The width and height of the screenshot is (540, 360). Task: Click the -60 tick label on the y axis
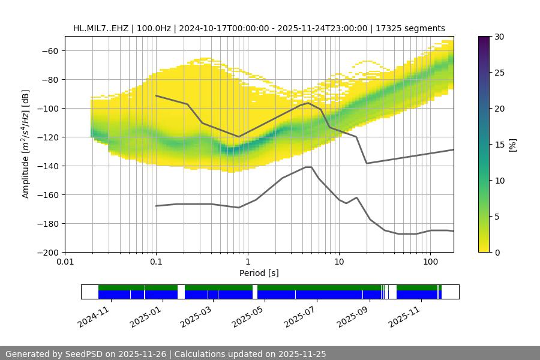click(x=50, y=51)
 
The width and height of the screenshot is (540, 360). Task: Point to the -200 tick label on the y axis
click(x=48, y=253)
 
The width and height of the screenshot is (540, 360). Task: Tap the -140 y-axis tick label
click(x=48, y=166)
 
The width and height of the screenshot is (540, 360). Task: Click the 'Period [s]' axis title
click(x=259, y=274)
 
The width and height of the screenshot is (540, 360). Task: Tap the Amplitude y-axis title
click(x=26, y=144)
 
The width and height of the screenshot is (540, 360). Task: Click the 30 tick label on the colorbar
click(x=499, y=37)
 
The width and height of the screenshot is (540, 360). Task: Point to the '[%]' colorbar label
click(x=512, y=145)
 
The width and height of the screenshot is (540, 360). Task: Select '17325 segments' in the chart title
click(x=415, y=28)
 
